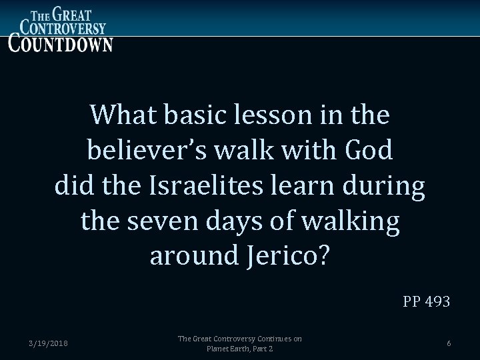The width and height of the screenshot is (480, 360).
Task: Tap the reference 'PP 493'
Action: click(x=426, y=302)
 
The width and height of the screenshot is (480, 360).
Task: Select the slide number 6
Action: click(x=449, y=343)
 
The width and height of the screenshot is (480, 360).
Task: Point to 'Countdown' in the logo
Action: click(x=61, y=43)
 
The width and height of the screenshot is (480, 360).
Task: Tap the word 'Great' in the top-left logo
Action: click(x=75, y=13)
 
